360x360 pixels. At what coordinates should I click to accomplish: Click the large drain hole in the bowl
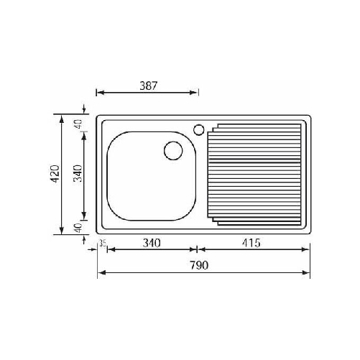point(172,151)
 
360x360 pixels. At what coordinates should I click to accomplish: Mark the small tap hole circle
point(198,129)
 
